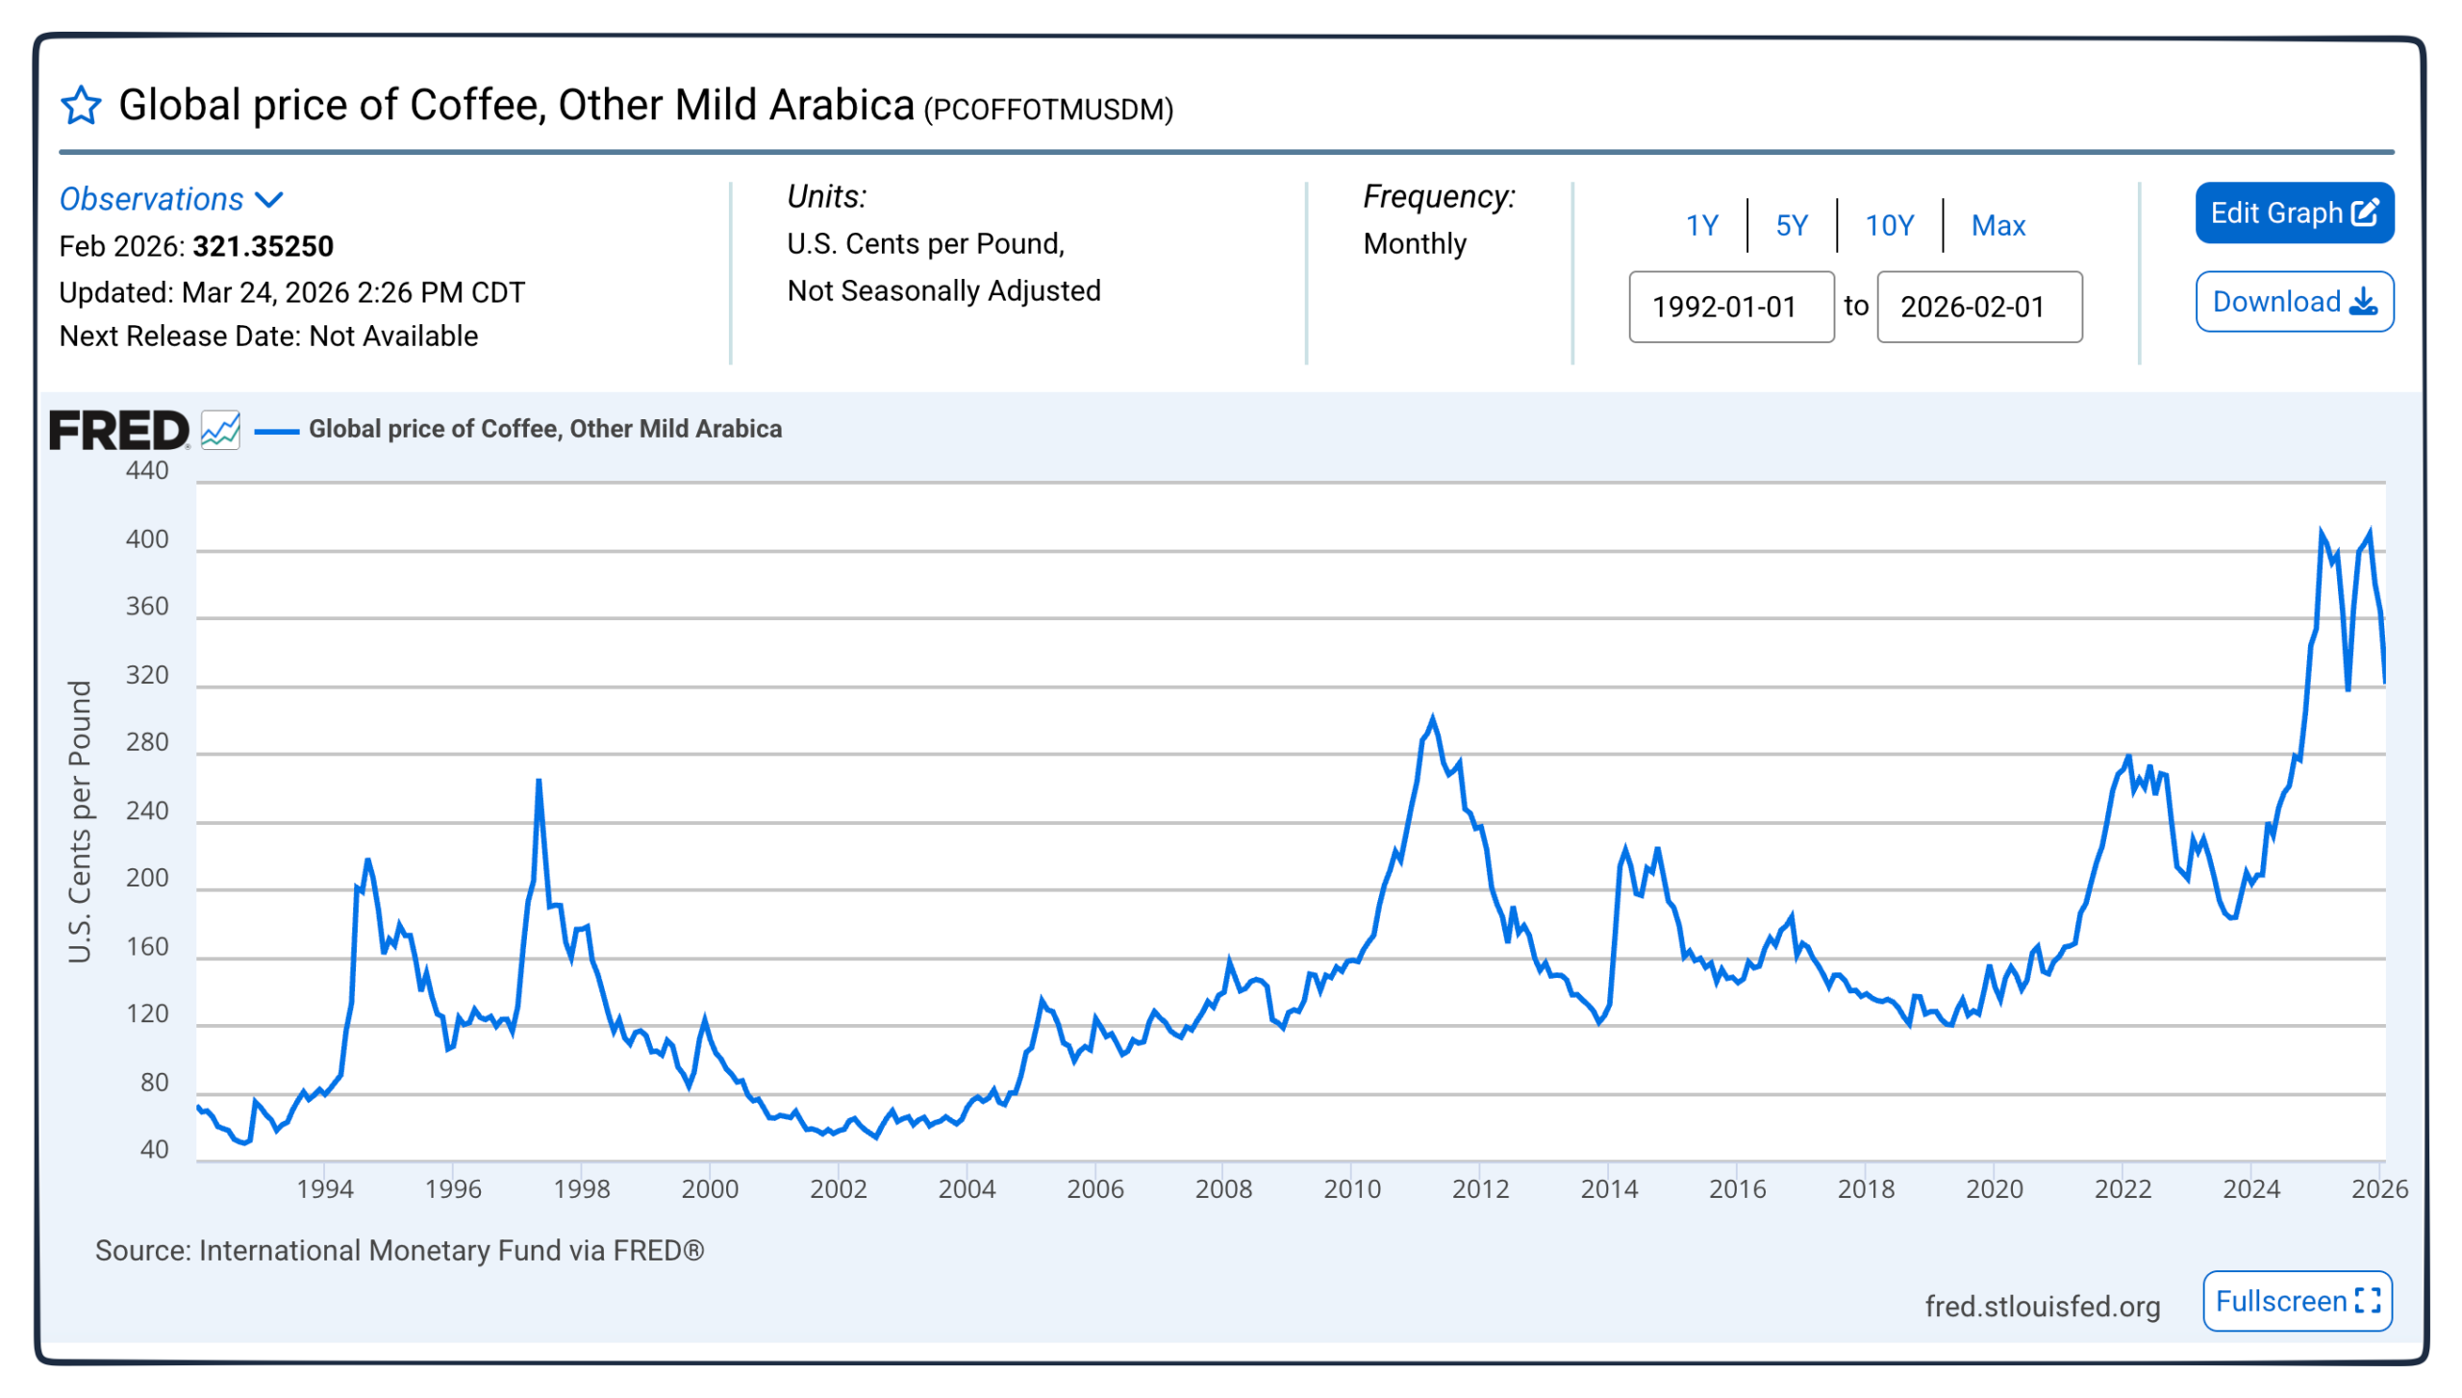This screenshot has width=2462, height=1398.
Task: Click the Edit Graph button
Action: pos(2293,212)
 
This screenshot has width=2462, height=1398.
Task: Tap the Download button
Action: pos(2293,302)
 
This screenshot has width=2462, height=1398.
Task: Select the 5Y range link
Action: pos(1791,226)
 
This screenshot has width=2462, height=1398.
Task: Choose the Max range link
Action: pos(1997,226)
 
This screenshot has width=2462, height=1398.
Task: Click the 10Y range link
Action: pos(1889,226)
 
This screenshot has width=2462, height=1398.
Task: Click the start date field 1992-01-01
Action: pos(1730,307)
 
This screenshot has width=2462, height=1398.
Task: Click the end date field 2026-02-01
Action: pos(1978,307)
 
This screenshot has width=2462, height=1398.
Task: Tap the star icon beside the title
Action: pos(81,106)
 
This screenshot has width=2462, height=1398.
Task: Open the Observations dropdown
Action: pos(171,200)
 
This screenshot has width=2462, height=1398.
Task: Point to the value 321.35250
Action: pos(264,247)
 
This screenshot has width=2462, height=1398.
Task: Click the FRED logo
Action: pos(119,430)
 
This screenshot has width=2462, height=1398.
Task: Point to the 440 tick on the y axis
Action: pos(147,470)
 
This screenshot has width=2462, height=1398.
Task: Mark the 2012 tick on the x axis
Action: pos(1480,1188)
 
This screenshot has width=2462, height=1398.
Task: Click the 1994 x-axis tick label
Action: pos(325,1188)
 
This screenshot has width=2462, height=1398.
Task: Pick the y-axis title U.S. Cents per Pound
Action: pos(80,822)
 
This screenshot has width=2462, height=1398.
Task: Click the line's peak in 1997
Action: pos(539,781)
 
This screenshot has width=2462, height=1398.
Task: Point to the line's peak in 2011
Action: pos(1432,718)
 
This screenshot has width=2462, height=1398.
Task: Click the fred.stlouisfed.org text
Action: pos(2042,1306)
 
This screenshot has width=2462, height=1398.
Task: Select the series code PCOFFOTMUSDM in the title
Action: pos(1048,111)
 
